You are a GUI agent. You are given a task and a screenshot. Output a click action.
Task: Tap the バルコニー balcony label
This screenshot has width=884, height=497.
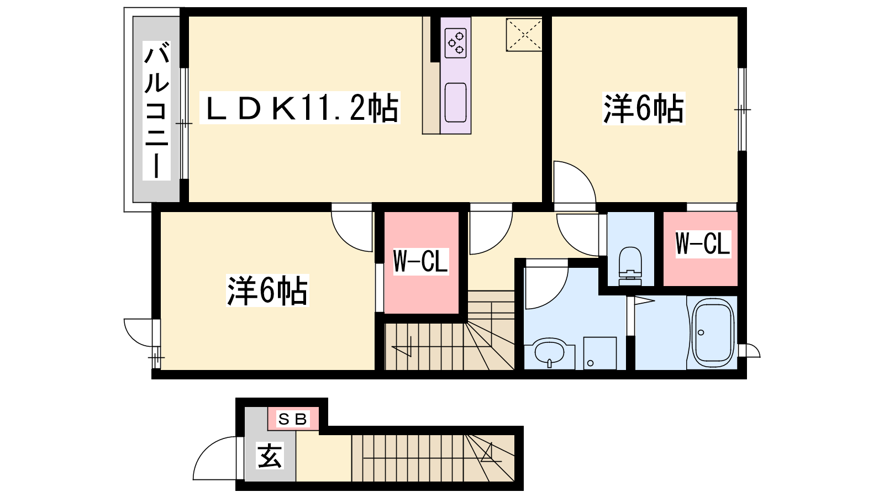click(157, 111)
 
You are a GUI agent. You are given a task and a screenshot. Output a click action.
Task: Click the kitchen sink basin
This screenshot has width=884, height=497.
click(455, 102)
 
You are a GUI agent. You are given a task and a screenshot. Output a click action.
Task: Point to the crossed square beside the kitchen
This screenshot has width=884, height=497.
click(524, 35)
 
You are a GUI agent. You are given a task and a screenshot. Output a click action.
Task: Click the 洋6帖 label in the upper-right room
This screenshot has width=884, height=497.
click(644, 108)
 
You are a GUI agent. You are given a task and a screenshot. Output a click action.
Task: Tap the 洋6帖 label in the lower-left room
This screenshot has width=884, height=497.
click(267, 290)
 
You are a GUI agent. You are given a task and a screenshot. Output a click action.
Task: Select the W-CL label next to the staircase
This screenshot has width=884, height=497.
click(420, 261)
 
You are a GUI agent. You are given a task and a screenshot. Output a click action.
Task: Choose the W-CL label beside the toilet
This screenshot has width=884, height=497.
click(703, 244)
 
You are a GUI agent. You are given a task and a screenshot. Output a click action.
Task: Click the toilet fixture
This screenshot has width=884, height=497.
click(630, 266)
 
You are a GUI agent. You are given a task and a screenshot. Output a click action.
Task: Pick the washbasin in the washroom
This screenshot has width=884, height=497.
click(550, 353)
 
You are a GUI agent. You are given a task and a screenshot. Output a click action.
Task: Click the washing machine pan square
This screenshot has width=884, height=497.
click(600, 353)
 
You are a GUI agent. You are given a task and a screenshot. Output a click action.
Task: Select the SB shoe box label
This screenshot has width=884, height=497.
click(292, 419)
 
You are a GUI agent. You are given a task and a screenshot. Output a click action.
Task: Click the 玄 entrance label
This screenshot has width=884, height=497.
click(270, 456)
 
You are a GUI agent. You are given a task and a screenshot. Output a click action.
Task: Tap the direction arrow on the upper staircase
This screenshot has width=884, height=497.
click(402, 346)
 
